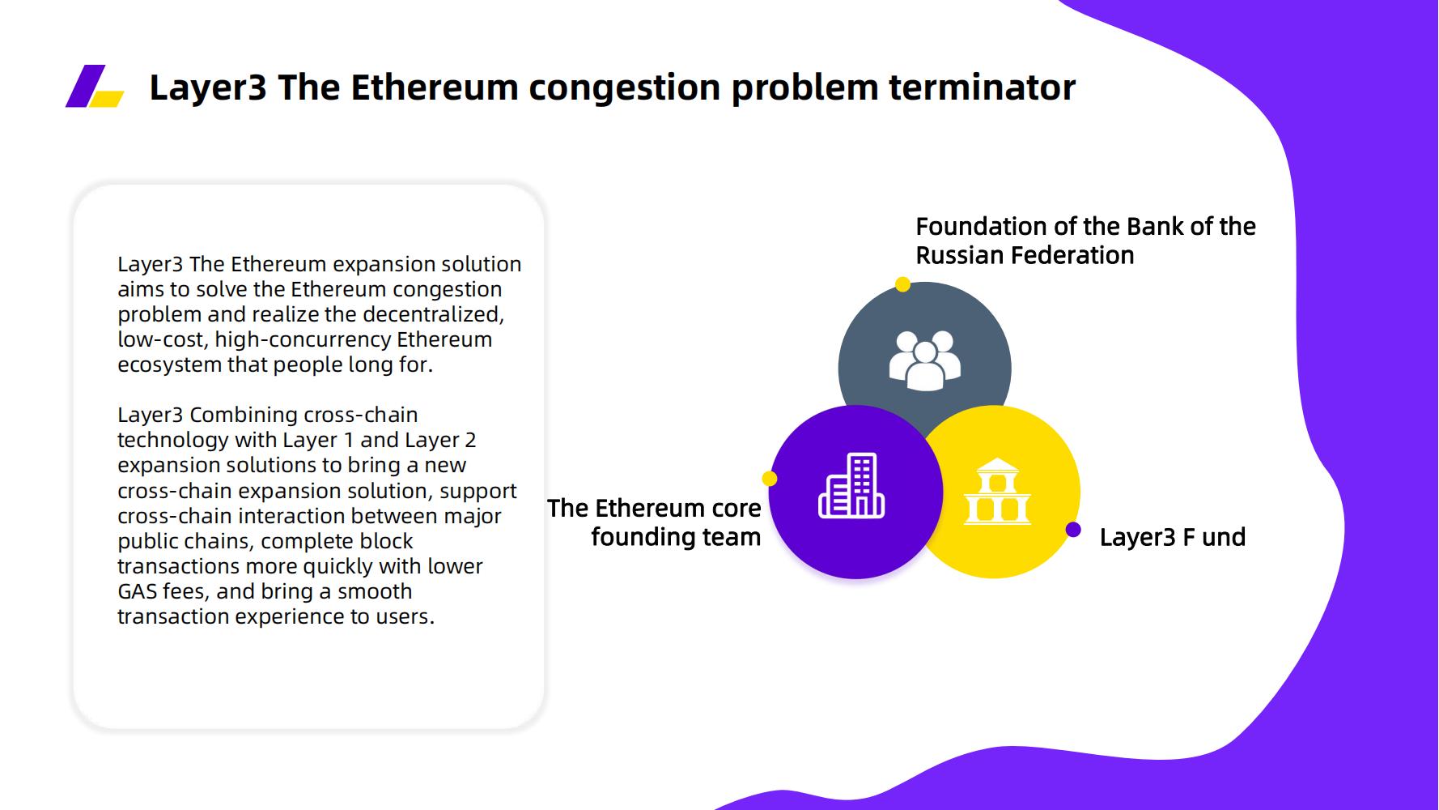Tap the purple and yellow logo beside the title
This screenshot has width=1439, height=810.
pyautogui.click(x=95, y=86)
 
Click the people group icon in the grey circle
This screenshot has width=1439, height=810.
pyautogui.click(x=924, y=360)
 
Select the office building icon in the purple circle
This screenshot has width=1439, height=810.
pyautogui.click(x=851, y=486)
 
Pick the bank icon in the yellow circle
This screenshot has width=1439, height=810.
pyautogui.click(x=997, y=492)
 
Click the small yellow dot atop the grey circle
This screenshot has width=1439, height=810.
pyautogui.click(x=902, y=284)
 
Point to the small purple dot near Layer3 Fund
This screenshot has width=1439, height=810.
pyautogui.click(x=1073, y=530)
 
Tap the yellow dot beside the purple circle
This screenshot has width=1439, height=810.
pyautogui.click(x=770, y=479)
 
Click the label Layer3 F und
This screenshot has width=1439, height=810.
pyautogui.click(x=1172, y=537)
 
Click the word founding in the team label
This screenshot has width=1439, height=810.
pyautogui.click(x=642, y=537)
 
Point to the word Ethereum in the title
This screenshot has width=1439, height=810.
pyautogui.click(x=435, y=87)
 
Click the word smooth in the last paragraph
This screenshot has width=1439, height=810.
pyautogui.click(x=375, y=591)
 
